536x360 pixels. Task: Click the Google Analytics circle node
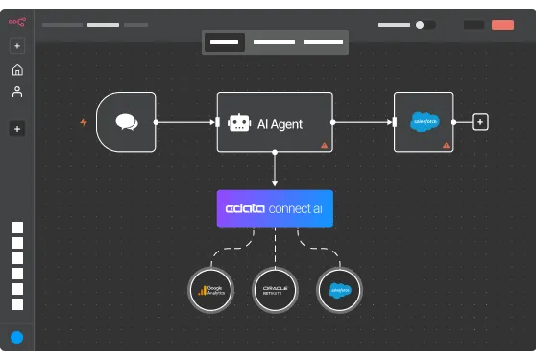210,289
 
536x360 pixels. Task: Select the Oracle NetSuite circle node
275,289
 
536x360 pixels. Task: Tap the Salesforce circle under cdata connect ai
339,289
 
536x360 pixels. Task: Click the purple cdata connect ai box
275,208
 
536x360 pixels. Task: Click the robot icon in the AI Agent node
238,122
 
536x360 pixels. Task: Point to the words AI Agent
280,123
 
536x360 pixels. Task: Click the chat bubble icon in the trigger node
126,122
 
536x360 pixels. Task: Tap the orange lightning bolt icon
84,122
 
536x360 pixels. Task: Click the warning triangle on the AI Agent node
324,144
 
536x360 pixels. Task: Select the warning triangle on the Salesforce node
445,144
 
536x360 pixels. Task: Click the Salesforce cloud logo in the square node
424,121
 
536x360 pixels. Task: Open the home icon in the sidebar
17,70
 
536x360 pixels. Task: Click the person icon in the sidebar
17,92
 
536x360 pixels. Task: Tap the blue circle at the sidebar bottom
17,337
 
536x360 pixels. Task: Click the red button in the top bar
502,25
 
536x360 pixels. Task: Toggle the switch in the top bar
425,25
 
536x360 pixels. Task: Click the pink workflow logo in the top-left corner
17,22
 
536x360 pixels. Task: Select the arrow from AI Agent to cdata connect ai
275,170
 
